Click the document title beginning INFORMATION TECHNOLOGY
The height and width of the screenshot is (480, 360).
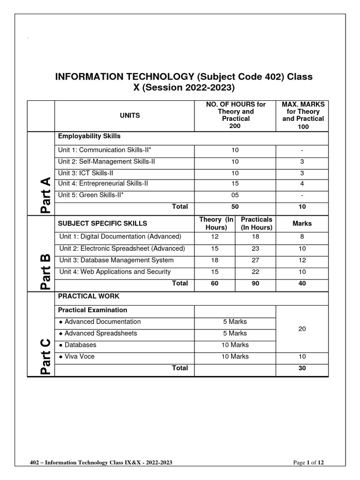click(x=184, y=82)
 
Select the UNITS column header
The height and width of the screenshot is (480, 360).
click(x=130, y=115)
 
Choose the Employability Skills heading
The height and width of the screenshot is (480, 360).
click(x=89, y=136)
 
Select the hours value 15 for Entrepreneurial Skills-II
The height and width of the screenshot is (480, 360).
click(x=235, y=184)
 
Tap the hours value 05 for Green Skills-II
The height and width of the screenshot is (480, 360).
click(x=235, y=195)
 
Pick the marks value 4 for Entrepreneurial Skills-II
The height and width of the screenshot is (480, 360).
click(x=302, y=184)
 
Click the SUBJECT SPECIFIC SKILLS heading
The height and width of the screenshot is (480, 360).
click(x=102, y=224)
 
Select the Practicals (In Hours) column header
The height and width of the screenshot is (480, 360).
click(x=256, y=224)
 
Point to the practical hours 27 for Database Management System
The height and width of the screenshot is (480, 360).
click(x=255, y=260)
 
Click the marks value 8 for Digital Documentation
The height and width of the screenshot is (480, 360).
click(x=302, y=237)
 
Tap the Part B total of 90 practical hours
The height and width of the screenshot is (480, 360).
click(x=255, y=284)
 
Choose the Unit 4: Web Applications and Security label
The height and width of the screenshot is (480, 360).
click(x=115, y=272)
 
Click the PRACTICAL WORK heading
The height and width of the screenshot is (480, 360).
click(x=89, y=296)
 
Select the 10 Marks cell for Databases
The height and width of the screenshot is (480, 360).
click(x=235, y=345)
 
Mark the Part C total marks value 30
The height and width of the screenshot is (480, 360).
click(x=302, y=368)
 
